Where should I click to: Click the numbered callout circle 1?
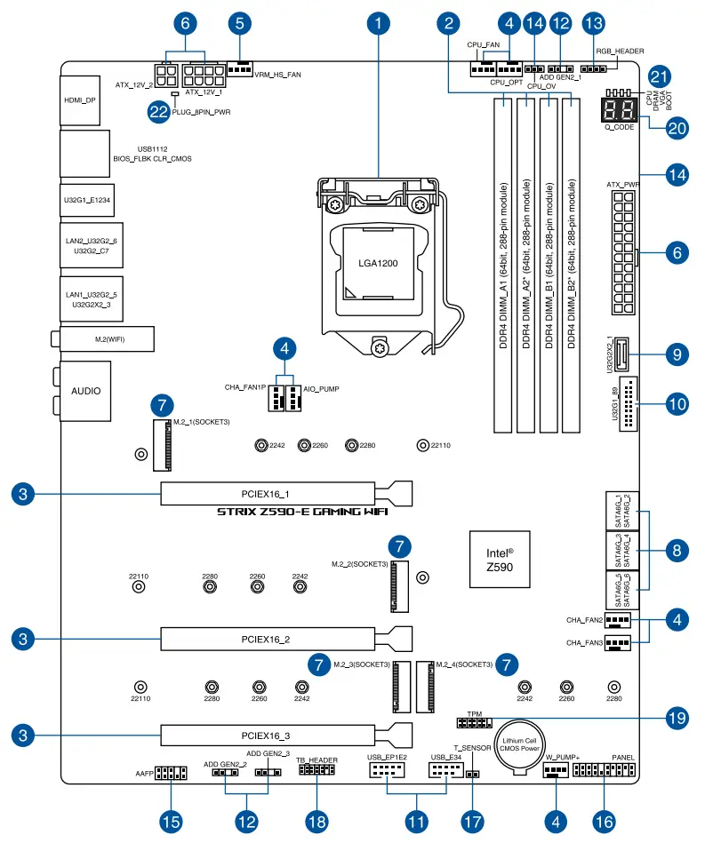tap(380, 22)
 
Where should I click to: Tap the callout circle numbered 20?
tap(677, 127)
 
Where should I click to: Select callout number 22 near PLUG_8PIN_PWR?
tap(159, 111)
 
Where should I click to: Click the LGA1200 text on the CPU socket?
tap(379, 264)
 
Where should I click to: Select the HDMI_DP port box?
tap(79, 100)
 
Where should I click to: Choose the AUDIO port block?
tap(85, 391)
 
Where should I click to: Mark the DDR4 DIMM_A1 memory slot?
tap(505, 265)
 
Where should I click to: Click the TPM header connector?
tap(475, 723)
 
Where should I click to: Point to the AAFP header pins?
tap(169, 773)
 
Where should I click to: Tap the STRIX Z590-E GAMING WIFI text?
tap(302, 513)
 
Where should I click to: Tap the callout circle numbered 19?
tap(677, 716)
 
